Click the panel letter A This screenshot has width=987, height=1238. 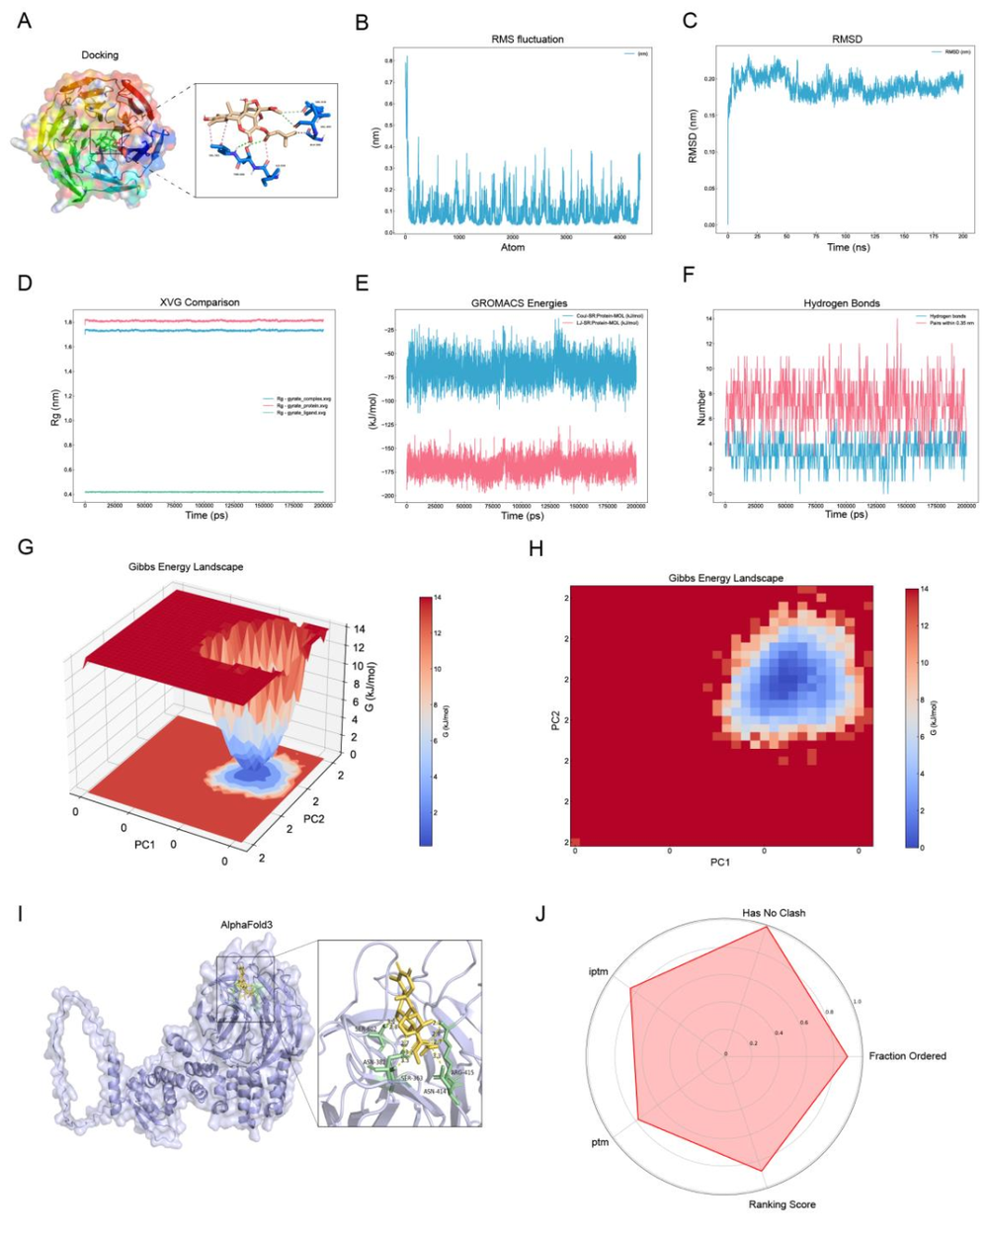point(25,20)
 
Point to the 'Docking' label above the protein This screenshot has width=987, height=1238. point(100,55)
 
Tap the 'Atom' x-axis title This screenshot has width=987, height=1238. point(513,247)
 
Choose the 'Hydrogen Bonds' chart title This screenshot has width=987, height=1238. point(842,303)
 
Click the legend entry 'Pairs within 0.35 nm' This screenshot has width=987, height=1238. point(946,323)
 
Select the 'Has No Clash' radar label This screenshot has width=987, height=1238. point(773,913)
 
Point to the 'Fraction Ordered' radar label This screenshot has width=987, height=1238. point(907,1056)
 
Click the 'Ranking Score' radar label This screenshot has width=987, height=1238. point(781,1204)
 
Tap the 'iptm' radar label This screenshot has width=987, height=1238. point(597,972)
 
